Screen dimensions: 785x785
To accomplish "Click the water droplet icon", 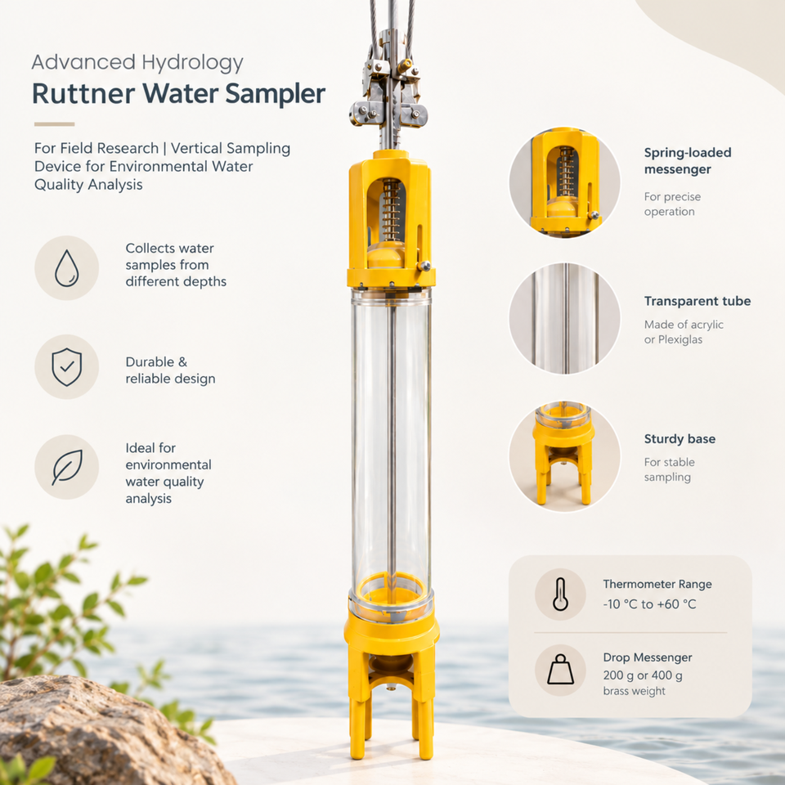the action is [x=66, y=268].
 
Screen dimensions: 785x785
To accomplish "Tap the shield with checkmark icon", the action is [x=66, y=367].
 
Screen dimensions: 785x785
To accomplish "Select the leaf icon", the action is [x=67, y=467].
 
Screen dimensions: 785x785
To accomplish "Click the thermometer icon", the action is [x=560, y=594].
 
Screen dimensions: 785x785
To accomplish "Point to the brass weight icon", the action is [x=560, y=670].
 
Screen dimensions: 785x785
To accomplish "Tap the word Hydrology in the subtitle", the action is [x=192, y=63].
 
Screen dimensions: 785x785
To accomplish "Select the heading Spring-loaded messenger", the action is [x=688, y=161].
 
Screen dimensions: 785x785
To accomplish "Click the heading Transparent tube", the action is [x=698, y=301].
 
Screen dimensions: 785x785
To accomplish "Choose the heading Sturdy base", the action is [x=680, y=439].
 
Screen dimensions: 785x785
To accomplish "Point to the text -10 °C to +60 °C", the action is [x=649, y=604].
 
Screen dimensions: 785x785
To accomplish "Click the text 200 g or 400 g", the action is [x=643, y=675].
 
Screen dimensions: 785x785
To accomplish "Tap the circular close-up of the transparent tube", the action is [x=564, y=318].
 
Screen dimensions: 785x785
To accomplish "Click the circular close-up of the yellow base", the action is [x=564, y=456].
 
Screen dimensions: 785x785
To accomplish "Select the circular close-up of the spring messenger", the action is [x=564, y=182].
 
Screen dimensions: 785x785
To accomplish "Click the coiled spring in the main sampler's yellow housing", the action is [x=391, y=213].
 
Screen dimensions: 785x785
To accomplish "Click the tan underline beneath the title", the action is [x=54, y=123].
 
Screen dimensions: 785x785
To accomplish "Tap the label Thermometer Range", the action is [x=657, y=584].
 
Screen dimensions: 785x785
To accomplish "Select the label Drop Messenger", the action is [x=648, y=657].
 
